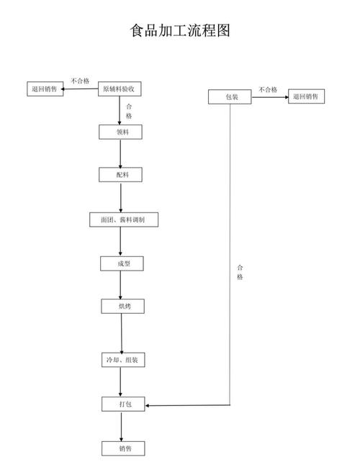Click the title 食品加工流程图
tap(180, 30)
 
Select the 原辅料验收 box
tap(120, 89)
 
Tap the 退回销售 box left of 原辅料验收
tap(45, 89)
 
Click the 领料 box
tap(120, 132)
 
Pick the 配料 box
tap(120, 175)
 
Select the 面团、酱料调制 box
tap(124, 220)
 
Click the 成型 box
tap(122, 263)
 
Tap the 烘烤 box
tap(123, 307)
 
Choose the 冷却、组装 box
tap(123, 360)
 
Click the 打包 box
tap(123, 404)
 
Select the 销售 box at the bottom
tap(123, 448)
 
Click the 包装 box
tap(230, 97)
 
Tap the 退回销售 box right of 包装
tap(306, 96)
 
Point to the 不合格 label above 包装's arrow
tap(268, 90)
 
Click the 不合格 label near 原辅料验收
tap(80, 81)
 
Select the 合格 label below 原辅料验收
tap(129, 112)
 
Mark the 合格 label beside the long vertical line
tap(240, 272)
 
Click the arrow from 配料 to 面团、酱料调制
tap(121, 197)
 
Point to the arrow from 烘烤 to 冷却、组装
tap(122, 333)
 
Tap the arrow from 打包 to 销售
tap(122, 427)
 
